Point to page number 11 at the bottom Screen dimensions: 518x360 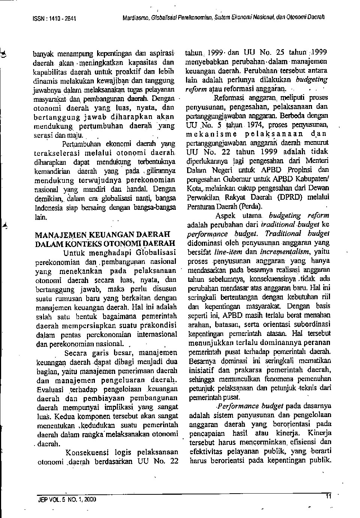(x=328, y=496)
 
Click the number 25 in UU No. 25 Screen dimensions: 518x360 (x=280, y=53)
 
